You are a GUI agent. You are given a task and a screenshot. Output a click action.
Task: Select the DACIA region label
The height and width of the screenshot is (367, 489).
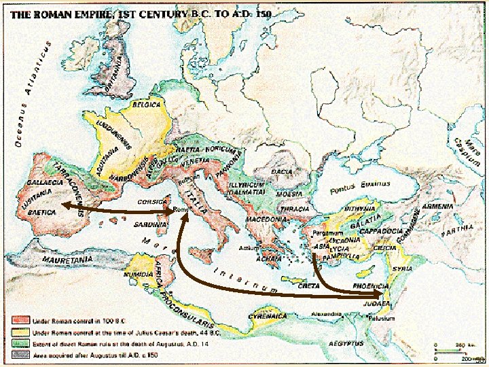click(x=282, y=172)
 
